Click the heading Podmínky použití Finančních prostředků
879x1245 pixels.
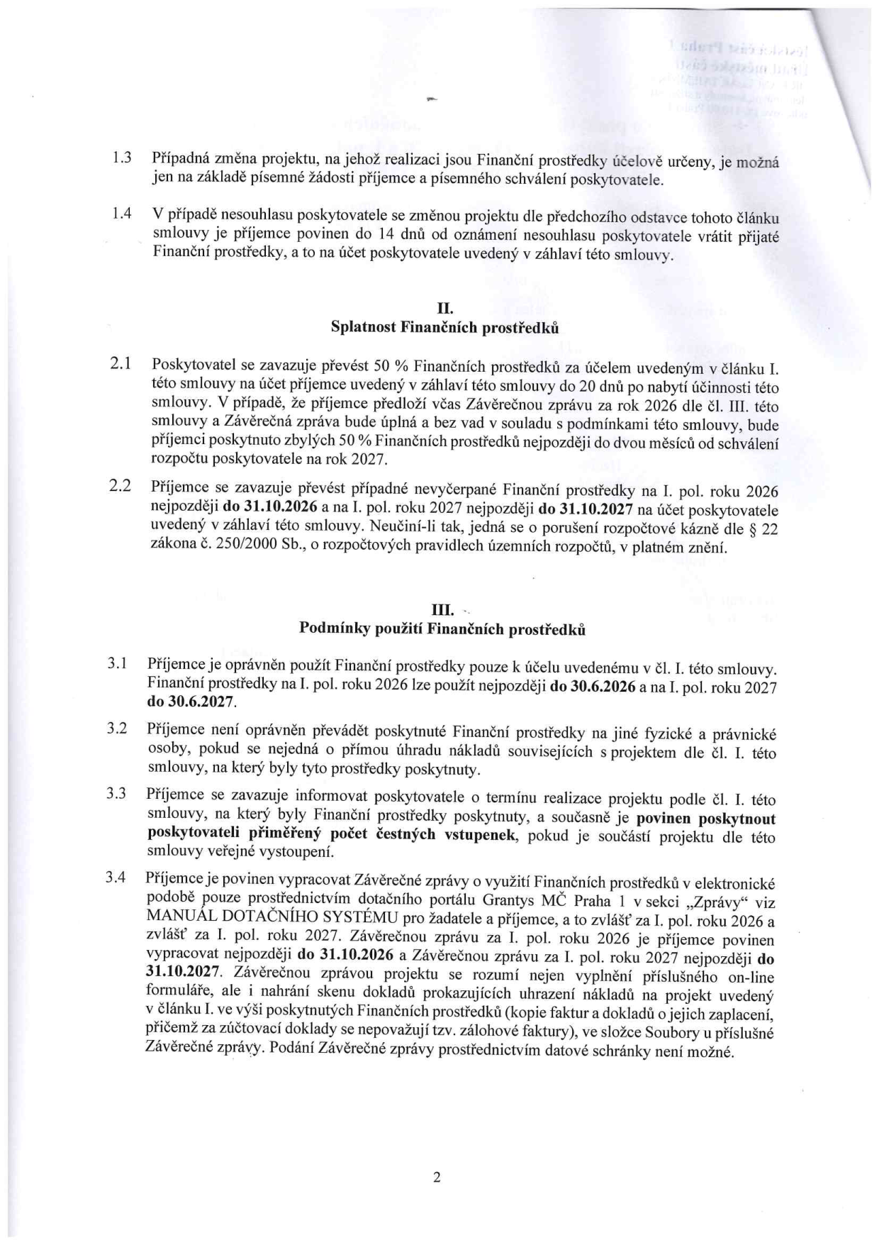click(443, 629)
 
